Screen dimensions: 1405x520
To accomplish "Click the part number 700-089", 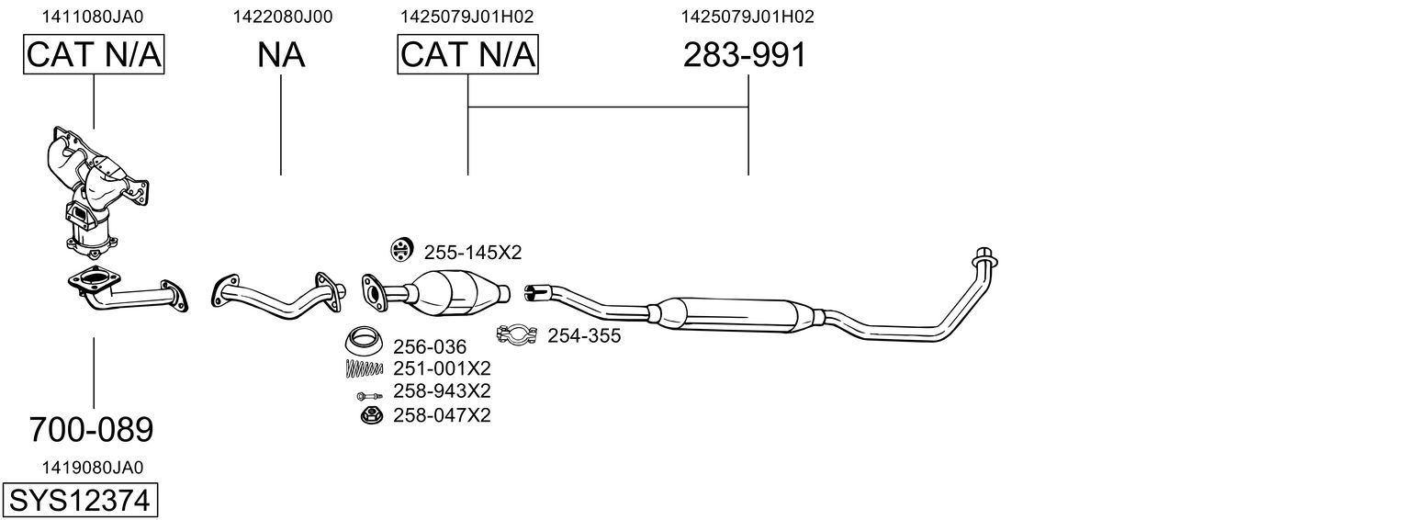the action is (x=91, y=429).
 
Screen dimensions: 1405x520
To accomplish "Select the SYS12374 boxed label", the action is (x=81, y=501).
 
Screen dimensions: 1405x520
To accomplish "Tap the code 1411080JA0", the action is (x=93, y=17).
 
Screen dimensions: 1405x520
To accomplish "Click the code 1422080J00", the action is (x=282, y=17).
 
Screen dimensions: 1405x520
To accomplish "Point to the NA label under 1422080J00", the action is (x=281, y=56).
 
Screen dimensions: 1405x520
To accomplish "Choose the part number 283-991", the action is (x=745, y=56).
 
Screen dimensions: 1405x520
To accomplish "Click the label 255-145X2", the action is (x=472, y=252).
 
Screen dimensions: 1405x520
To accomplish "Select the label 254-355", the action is (x=584, y=336).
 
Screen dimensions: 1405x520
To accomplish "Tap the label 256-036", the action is (x=430, y=347).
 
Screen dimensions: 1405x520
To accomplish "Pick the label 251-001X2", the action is (x=442, y=369).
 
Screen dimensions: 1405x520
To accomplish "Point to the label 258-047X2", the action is (x=442, y=415).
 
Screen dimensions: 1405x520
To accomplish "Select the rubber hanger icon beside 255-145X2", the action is (x=401, y=249).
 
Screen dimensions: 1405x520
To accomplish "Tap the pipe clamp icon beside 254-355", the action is (x=518, y=334).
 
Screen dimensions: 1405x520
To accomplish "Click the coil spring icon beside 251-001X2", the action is (x=364, y=369).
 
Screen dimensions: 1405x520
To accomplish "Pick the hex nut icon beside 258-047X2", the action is (x=372, y=415).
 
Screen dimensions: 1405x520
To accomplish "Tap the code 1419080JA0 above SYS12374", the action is (x=93, y=467).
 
